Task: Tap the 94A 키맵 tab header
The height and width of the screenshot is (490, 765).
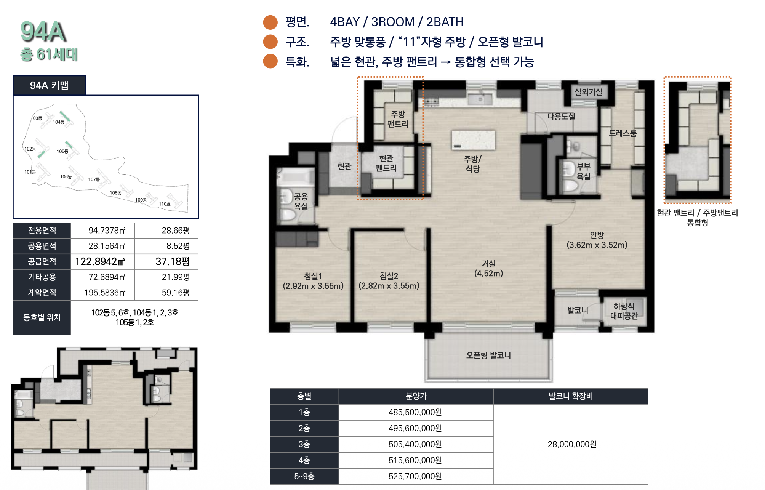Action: (49, 85)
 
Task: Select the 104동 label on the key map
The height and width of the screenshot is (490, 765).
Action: (58, 122)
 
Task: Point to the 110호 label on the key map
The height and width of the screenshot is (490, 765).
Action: (165, 204)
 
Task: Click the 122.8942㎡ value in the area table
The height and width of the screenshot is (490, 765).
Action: (101, 261)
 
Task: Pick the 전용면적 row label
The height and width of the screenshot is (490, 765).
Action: (42, 231)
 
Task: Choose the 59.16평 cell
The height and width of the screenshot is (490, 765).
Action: (176, 293)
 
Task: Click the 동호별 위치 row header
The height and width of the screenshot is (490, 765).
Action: (42, 317)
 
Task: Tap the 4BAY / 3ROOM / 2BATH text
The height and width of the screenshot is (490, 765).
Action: (397, 22)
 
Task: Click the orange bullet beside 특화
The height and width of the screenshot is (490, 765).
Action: (270, 61)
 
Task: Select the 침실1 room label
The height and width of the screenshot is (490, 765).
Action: (313, 276)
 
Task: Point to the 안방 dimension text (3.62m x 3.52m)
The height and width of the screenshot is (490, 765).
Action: (597, 245)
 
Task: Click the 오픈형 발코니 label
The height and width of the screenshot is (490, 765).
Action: (488, 355)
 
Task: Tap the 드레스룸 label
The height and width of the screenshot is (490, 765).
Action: (622, 133)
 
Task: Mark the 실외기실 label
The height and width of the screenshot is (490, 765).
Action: (589, 92)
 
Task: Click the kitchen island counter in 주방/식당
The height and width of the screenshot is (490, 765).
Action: (473, 140)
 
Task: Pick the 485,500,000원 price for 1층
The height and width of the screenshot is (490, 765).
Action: (415, 412)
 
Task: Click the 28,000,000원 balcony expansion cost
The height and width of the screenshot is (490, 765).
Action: (572, 444)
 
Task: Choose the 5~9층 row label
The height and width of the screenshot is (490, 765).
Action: (304, 476)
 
